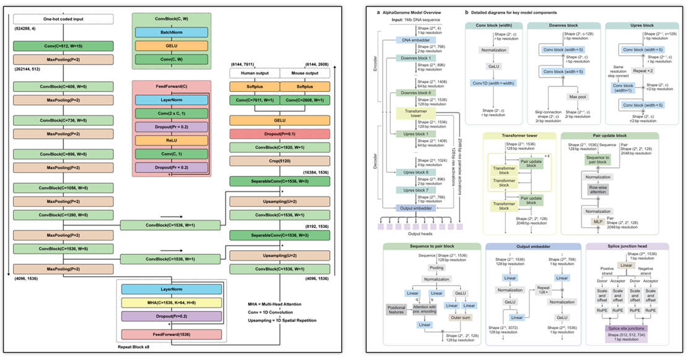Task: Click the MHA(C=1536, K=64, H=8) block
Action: click(171, 302)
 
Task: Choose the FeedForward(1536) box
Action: click(171, 335)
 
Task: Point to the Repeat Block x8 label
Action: click(137, 349)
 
